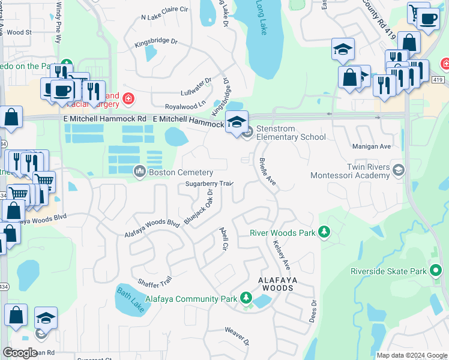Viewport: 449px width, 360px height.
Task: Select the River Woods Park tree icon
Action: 324,232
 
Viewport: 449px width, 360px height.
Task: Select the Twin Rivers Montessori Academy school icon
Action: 398,172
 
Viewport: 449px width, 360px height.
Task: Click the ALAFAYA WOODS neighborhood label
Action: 276,284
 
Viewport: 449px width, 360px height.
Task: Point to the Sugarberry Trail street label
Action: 208,184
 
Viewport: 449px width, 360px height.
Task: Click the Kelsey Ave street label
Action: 281,255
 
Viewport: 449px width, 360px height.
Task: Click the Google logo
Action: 20,353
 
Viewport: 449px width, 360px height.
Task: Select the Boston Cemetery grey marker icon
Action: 140,172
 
